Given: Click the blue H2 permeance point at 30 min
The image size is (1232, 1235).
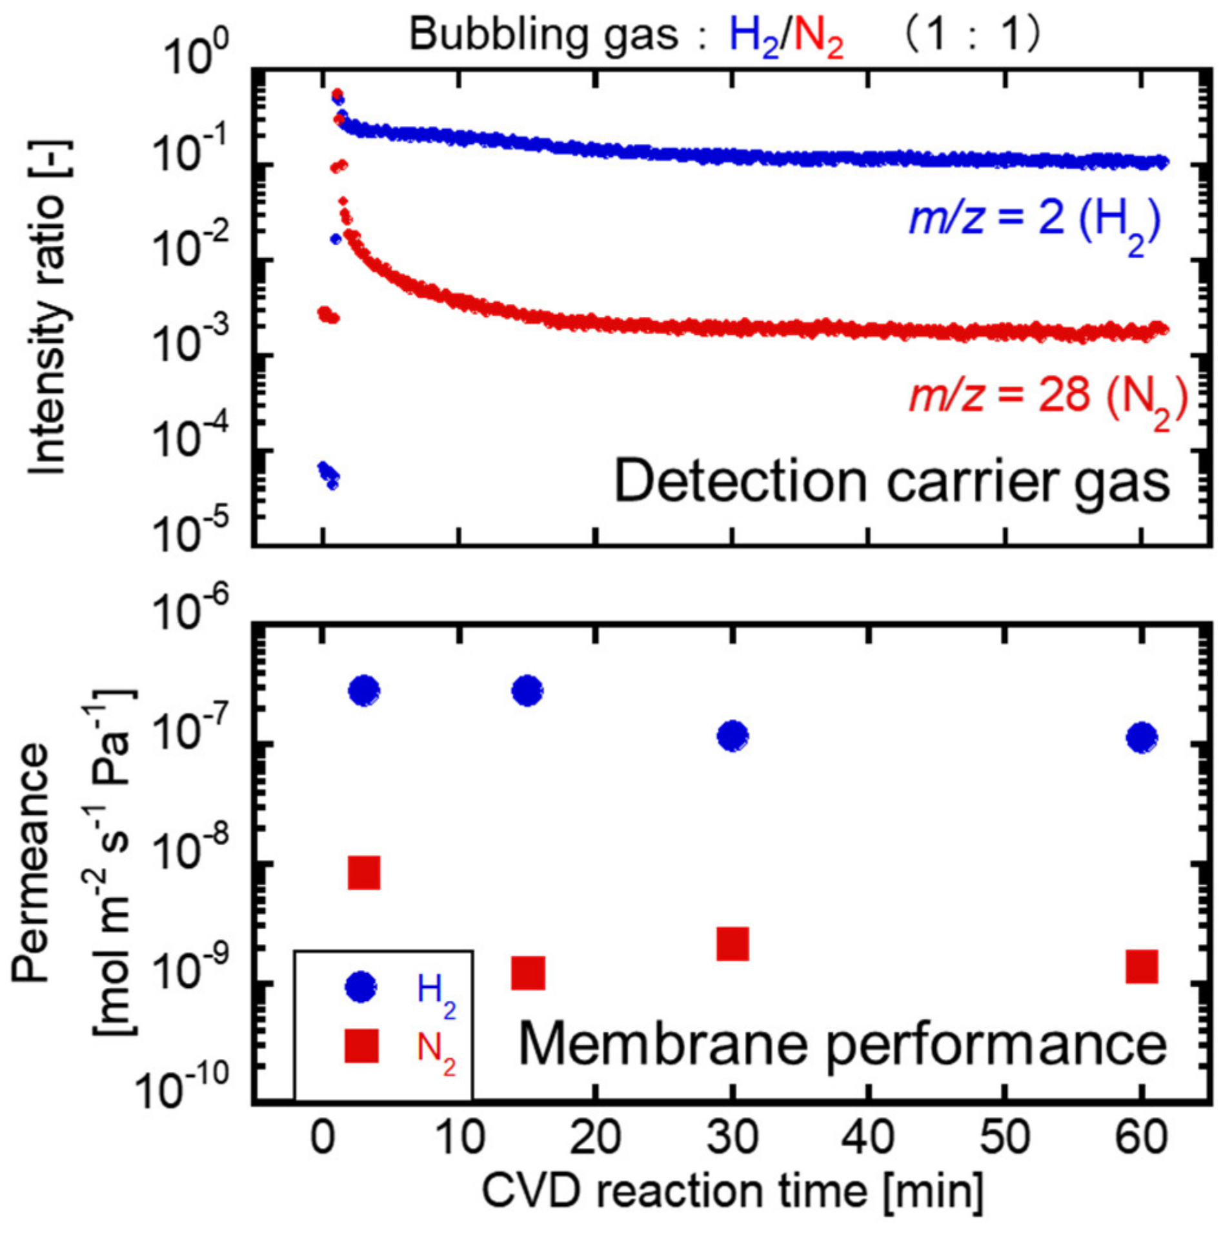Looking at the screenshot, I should (732, 735).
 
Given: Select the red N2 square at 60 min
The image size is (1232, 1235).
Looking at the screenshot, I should (1141, 966).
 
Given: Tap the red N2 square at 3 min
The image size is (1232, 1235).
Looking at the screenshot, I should (363, 873).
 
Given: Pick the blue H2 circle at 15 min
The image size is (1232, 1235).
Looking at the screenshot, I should (527, 690).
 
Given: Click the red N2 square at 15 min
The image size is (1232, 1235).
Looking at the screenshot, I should (527, 972).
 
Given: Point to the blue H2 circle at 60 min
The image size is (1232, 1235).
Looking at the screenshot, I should (1141, 737).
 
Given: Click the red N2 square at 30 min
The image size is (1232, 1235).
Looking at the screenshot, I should (732, 944).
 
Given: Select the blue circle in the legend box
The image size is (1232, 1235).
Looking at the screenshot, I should (361, 987).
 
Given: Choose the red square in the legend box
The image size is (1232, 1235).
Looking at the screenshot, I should (361, 1046).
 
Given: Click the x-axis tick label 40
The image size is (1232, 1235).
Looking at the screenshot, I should (869, 1136).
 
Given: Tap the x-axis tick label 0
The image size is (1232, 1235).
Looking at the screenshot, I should (323, 1136).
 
